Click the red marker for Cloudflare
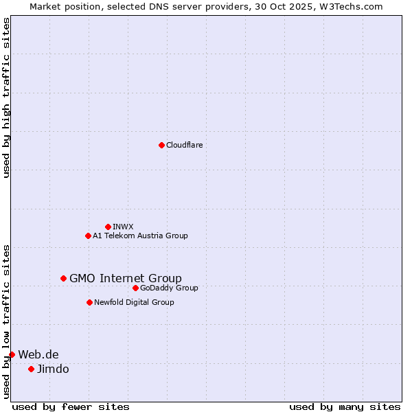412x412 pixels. coord(161,145)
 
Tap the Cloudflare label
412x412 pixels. coord(184,145)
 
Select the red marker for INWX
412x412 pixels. coord(108,227)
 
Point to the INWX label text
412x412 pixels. coord(123,227)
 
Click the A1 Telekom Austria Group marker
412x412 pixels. coord(88,236)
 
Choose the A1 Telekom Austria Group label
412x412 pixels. coord(140,236)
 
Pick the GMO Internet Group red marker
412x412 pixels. coord(63,278)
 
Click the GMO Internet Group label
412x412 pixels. coord(126,278)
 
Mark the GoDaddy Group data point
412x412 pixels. coord(135,288)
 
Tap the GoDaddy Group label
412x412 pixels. coord(169,288)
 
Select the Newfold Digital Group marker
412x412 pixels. coord(89,302)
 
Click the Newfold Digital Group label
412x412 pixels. coord(134,302)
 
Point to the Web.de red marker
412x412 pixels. coord(12,354)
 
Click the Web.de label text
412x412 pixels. coord(38,354)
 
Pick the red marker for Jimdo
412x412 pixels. coord(31,369)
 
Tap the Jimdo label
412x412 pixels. coord(53,369)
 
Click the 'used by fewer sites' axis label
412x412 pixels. coord(71,407)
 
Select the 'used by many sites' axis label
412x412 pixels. coord(345,407)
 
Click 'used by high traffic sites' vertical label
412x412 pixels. coord(6,98)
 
